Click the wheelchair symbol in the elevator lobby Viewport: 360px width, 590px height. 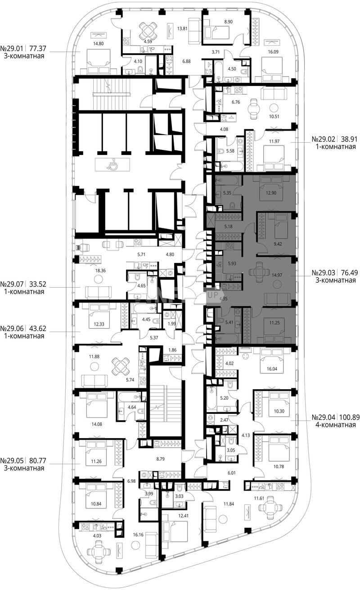[112, 165]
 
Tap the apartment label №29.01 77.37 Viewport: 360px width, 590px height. [23, 49]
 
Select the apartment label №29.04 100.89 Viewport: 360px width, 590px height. [336, 417]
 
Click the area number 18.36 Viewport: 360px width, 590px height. [100, 271]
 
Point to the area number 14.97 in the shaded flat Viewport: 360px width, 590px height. [277, 275]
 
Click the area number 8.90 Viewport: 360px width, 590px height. [228, 22]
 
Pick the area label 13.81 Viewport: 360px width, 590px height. [182, 28]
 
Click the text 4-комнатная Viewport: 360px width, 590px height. [336, 425]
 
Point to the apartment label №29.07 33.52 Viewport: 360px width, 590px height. [23, 284]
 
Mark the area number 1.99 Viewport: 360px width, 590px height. [171, 324]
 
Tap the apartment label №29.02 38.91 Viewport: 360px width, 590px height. [336, 139]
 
